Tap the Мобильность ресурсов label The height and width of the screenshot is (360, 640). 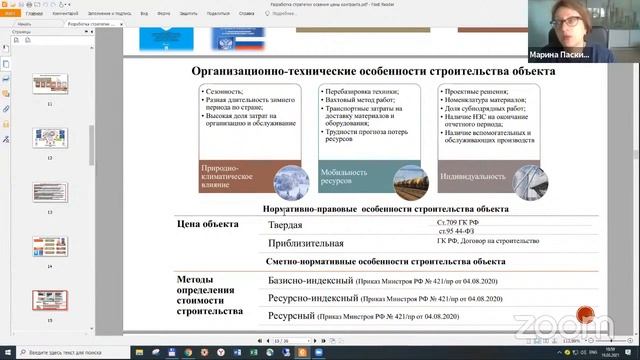338,178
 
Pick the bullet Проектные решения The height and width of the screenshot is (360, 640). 472,92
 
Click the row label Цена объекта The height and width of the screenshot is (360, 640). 208,225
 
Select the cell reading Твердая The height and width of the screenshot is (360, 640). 284,227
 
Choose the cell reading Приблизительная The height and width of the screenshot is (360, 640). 305,243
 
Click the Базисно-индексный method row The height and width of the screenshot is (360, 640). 311,281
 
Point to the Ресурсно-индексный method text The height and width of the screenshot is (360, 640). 312,298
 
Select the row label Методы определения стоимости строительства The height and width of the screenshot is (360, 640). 209,295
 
